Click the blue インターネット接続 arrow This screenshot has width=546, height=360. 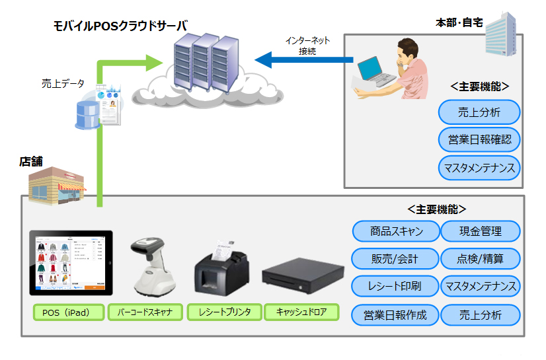click(x=303, y=61)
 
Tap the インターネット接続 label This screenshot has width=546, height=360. click(x=307, y=45)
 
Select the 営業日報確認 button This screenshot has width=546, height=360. click(x=479, y=139)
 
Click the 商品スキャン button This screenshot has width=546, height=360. click(x=395, y=231)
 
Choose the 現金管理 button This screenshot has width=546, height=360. click(x=480, y=231)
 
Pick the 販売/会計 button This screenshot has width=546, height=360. click(x=395, y=258)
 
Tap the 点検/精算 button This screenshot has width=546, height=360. click(x=480, y=258)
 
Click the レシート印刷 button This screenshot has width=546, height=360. click(x=395, y=286)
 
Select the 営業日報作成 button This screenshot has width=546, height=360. click(x=395, y=314)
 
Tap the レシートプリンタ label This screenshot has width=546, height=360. click(x=223, y=312)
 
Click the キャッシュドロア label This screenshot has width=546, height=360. click(x=301, y=312)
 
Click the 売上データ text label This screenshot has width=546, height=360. click(x=63, y=83)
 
